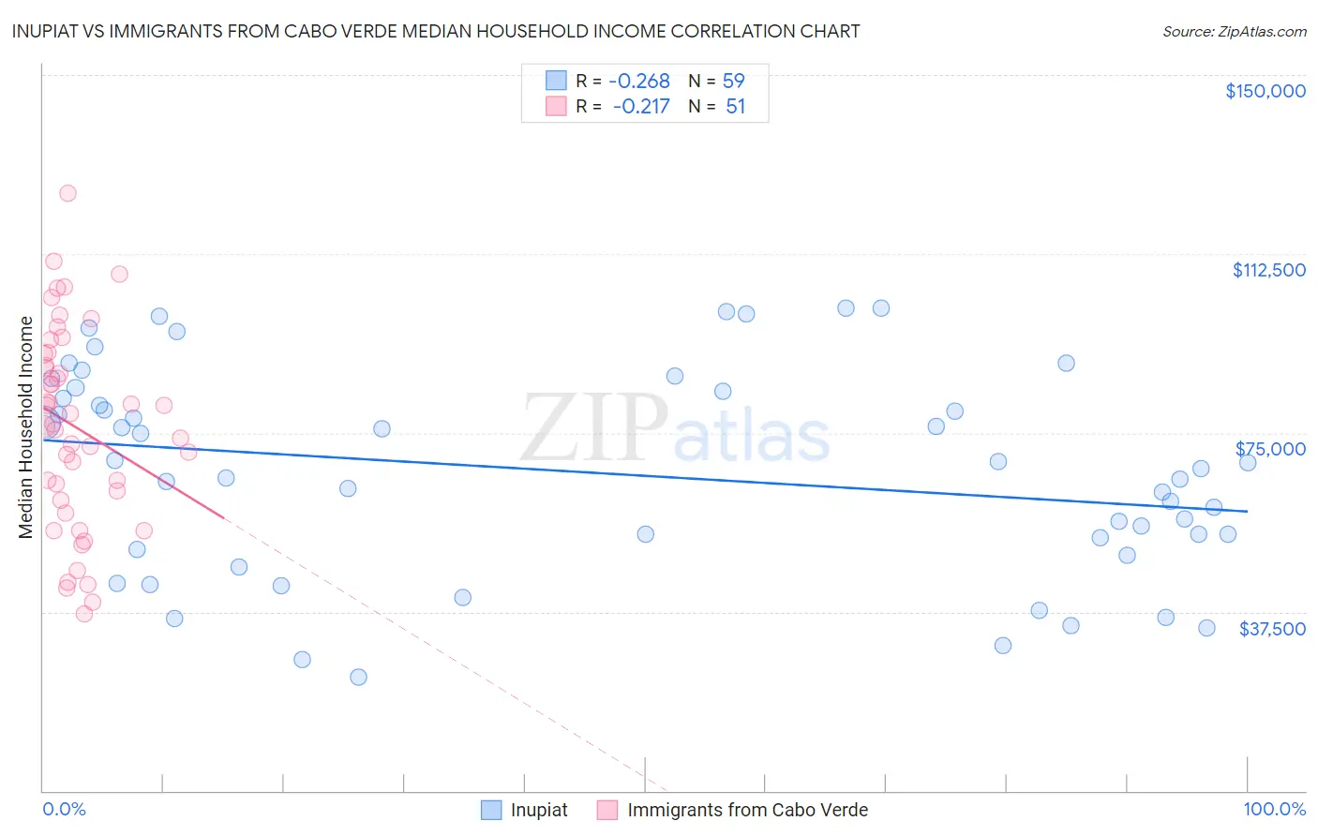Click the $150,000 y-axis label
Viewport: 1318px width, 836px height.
click(x=1265, y=91)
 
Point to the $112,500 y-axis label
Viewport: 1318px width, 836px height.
click(x=1268, y=270)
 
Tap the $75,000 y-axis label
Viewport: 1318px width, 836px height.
click(x=1270, y=449)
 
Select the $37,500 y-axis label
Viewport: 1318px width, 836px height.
click(x=1272, y=629)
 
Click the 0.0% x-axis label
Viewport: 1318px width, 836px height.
click(x=64, y=810)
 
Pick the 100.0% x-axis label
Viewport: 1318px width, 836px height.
click(x=1274, y=810)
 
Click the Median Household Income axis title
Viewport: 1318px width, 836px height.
click(x=26, y=427)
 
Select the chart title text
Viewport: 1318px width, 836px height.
click(x=436, y=32)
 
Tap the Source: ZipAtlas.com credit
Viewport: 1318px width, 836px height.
click(x=1234, y=32)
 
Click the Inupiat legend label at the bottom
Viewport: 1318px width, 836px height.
click(x=539, y=810)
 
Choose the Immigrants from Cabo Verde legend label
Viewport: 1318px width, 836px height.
click(x=747, y=810)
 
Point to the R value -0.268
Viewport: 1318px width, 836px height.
click(x=639, y=82)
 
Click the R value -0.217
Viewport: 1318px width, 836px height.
click(x=641, y=107)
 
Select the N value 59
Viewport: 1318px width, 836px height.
click(x=733, y=82)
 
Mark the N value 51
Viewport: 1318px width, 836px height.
click(x=735, y=107)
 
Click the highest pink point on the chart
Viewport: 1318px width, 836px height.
click(x=67, y=193)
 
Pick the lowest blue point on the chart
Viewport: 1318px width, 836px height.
click(x=358, y=677)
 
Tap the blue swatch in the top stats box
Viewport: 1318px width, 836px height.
click(x=557, y=81)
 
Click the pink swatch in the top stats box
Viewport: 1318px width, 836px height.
click(x=557, y=106)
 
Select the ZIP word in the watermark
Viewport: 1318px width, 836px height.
click(x=594, y=427)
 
